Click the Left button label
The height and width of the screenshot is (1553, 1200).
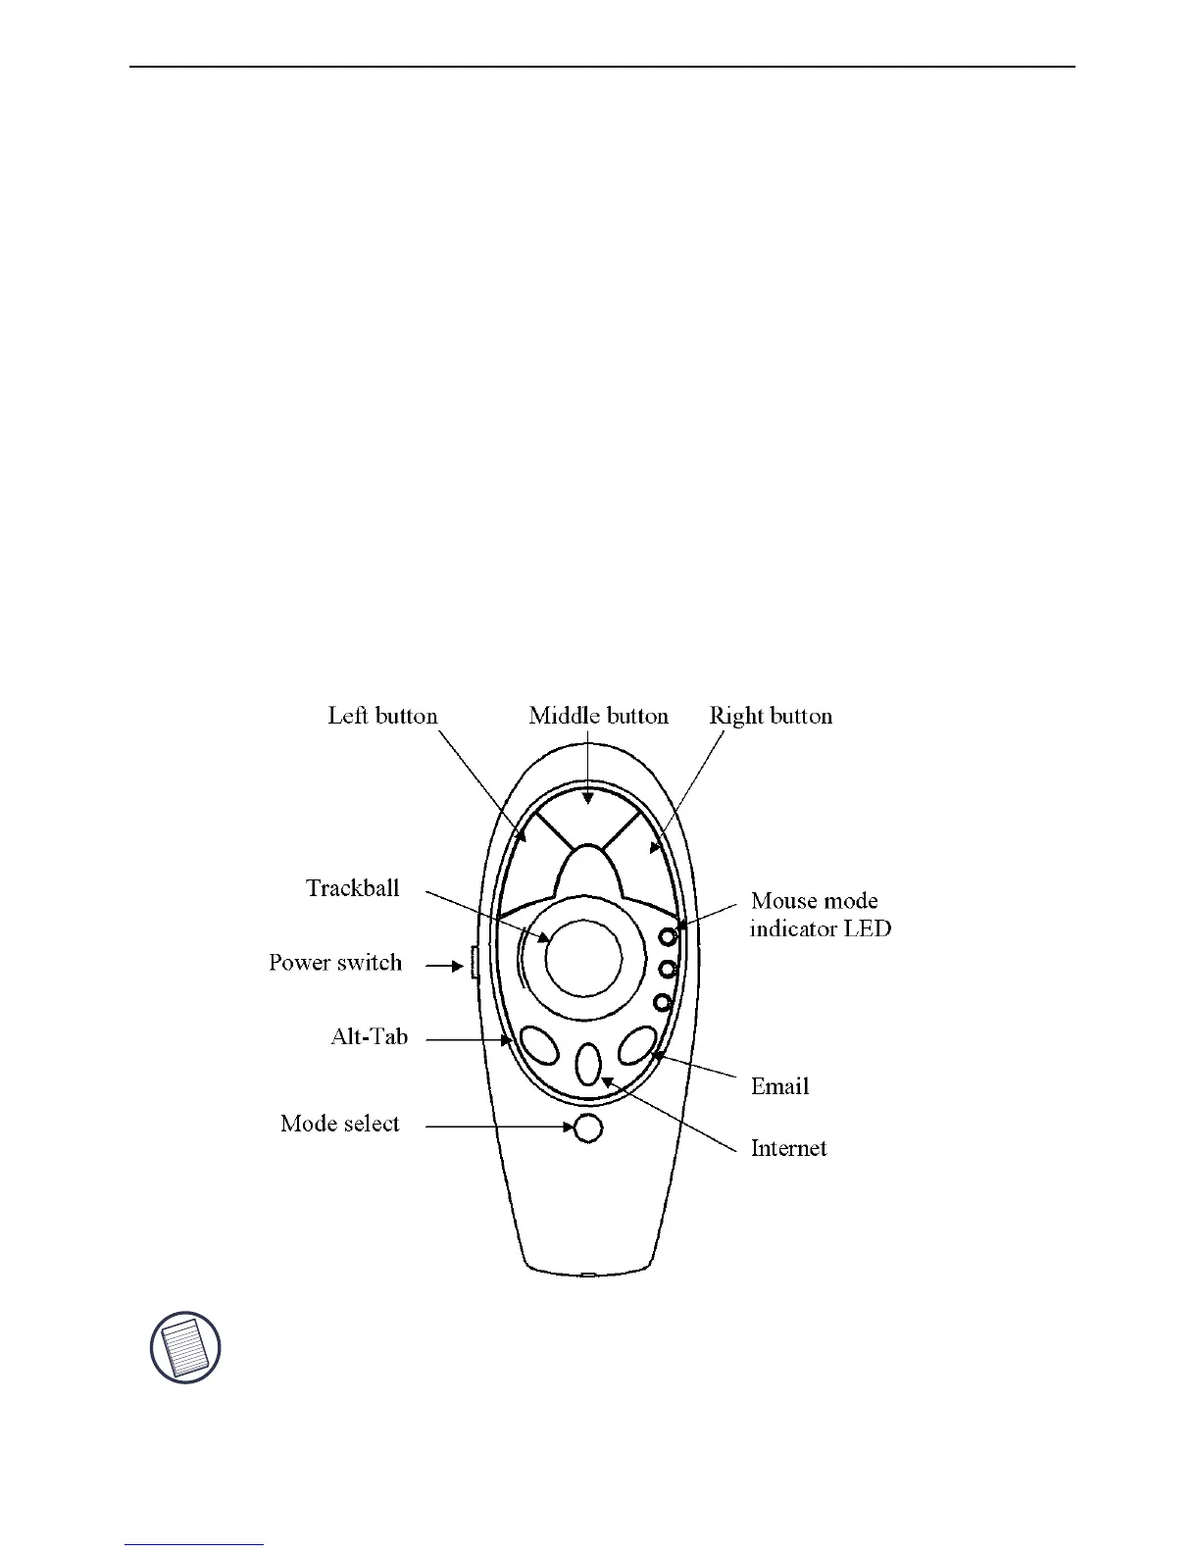tap(382, 716)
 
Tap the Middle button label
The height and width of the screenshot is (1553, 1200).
tap(598, 716)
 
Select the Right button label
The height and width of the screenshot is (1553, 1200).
tap(771, 716)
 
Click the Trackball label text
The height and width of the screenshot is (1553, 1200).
tap(353, 888)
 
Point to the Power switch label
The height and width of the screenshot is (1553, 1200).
tap(335, 963)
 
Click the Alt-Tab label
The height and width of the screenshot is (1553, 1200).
tap(369, 1036)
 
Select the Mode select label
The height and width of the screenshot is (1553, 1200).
tap(340, 1124)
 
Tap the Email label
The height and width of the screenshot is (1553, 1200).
tap(779, 1086)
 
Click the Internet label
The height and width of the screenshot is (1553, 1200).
tap(788, 1148)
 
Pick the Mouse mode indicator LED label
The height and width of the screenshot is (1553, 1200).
tap(820, 915)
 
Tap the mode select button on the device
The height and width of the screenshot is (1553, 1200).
tap(587, 1128)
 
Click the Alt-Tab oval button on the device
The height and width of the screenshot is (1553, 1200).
tap(539, 1045)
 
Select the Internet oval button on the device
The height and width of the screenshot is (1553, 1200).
tap(587, 1064)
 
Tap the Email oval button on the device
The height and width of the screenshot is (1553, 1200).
tap(636, 1045)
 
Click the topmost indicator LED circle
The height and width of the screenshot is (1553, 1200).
tap(669, 935)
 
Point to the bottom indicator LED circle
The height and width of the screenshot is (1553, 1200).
tap(663, 1003)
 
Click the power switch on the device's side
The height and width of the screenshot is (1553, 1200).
tap(474, 963)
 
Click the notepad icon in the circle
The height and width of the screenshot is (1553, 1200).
tap(185, 1348)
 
